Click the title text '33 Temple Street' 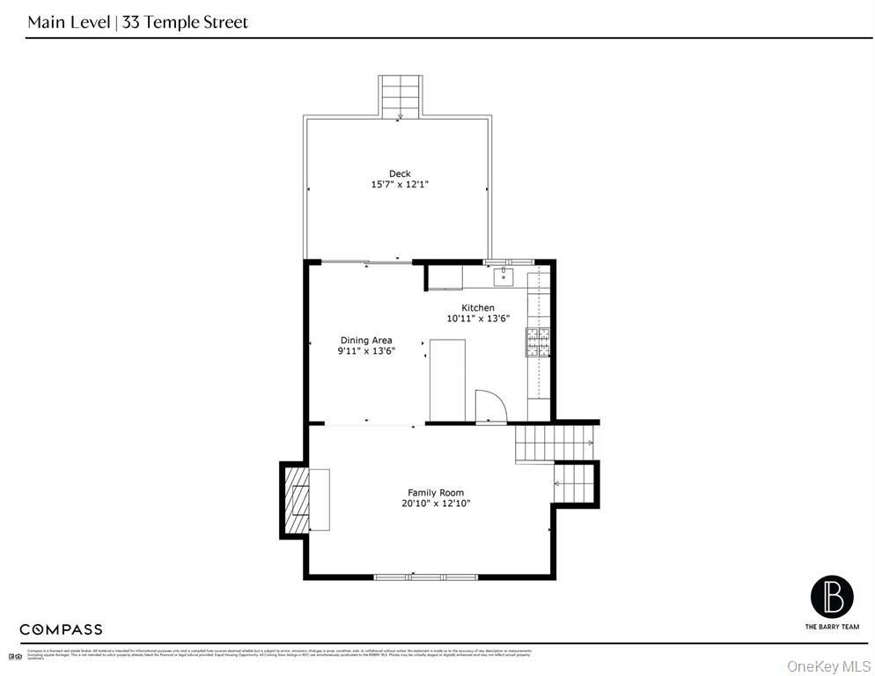(x=185, y=22)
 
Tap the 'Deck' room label (x=400, y=173)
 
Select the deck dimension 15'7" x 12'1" (x=400, y=185)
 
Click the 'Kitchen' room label (x=478, y=307)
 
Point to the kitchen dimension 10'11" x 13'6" (x=478, y=319)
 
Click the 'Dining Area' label (x=366, y=340)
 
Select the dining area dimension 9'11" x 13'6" (x=366, y=351)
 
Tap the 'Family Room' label (x=435, y=492)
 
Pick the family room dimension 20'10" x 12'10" (x=435, y=503)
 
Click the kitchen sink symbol (x=504, y=277)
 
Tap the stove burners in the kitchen (x=538, y=342)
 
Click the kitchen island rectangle (x=447, y=378)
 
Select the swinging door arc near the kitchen (x=490, y=407)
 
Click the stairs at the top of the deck (x=401, y=96)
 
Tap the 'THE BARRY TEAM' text (x=831, y=627)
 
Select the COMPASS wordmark (x=61, y=629)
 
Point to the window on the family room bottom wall (x=426, y=577)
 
